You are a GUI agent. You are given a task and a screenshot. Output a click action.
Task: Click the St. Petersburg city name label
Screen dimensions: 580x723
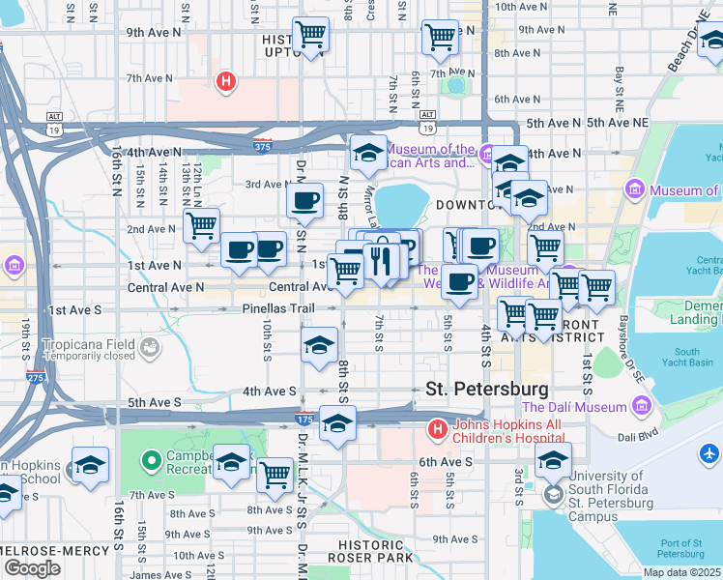(487, 389)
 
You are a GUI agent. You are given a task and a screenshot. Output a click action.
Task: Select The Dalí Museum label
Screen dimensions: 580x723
(574, 407)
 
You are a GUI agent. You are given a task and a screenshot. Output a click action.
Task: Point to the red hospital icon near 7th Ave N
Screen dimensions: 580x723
(226, 81)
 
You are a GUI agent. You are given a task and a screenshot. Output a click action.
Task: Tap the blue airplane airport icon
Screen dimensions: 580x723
(710, 452)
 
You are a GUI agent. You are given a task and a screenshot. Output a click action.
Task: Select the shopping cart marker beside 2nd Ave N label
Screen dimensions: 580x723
(201, 226)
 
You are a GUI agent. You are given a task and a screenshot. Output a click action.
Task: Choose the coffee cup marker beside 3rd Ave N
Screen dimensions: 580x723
(305, 201)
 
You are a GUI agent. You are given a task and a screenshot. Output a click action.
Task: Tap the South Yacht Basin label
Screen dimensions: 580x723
(687, 358)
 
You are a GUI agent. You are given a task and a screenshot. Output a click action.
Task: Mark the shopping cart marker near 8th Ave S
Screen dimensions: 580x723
(276, 474)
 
